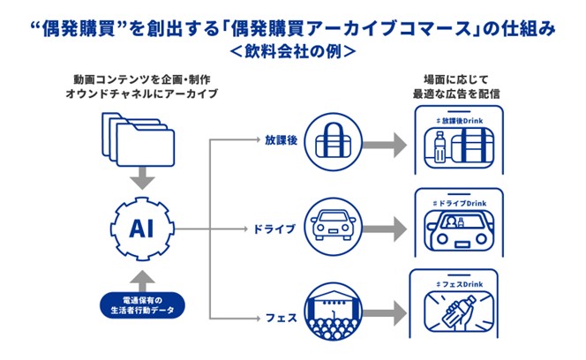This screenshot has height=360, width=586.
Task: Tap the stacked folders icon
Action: click(136, 141)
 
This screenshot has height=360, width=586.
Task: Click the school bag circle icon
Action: click(332, 140)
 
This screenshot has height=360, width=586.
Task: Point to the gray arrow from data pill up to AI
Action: click(136, 275)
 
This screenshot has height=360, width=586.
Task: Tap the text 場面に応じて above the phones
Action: click(458, 78)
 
